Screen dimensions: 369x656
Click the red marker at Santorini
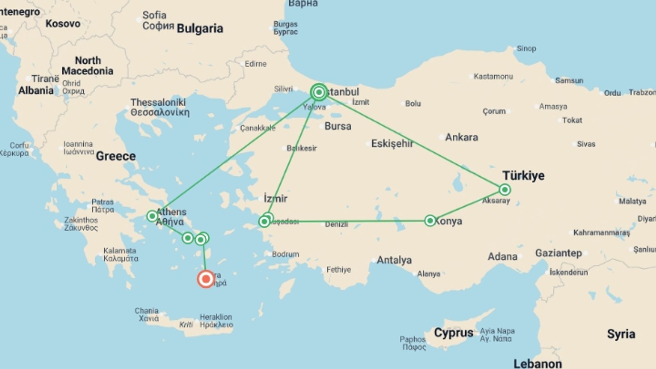click(206, 279)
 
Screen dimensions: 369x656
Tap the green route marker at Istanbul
click(319, 92)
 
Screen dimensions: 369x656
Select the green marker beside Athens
click(152, 216)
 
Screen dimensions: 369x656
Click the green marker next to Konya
click(430, 221)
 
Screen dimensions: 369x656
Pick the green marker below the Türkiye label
click(505, 190)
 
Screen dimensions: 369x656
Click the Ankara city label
click(461, 137)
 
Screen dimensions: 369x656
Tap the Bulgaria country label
click(200, 29)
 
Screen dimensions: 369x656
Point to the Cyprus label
click(453, 332)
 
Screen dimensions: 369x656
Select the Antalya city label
click(394, 260)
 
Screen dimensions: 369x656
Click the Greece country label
click(116, 156)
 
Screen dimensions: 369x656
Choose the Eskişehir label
click(392, 143)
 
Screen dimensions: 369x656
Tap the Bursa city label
click(338, 126)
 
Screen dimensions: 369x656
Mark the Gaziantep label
click(558, 253)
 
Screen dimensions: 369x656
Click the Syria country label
click(621, 334)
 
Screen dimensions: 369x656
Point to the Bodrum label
click(285, 254)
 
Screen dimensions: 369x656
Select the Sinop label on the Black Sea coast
click(526, 49)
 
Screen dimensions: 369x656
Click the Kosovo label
click(63, 24)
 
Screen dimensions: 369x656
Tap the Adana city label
click(502, 257)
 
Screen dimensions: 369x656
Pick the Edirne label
click(255, 64)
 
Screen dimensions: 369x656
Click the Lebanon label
click(537, 364)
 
